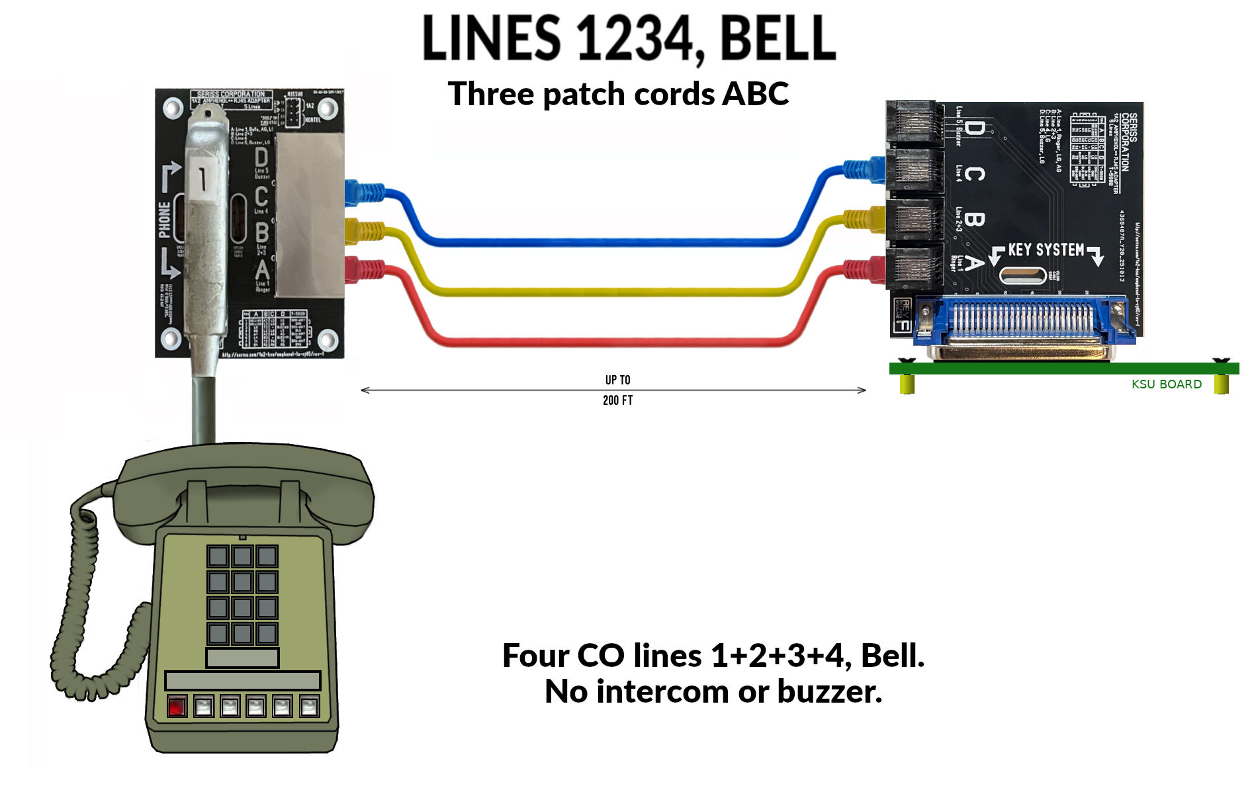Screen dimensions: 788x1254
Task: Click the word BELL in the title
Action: click(778, 38)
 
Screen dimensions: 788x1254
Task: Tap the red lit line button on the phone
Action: click(177, 707)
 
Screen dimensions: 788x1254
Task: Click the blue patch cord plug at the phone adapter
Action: click(364, 193)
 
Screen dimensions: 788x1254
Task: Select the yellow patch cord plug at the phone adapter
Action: click(364, 231)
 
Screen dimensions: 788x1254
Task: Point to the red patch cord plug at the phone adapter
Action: click(364, 269)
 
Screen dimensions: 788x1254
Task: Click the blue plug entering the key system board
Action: click(864, 169)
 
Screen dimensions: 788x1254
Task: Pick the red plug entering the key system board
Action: click(864, 269)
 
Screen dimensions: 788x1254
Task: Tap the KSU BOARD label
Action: click(1166, 384)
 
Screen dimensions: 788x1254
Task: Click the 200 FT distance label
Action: click(617, 400)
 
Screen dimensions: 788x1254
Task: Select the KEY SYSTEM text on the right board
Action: click(1046, 250)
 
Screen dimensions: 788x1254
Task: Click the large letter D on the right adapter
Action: click(973, 128)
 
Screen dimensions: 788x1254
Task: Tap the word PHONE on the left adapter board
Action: click(164, 219)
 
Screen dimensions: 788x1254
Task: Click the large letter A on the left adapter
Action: click(262, 271)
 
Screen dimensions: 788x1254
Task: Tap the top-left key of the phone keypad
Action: click(218, 556)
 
